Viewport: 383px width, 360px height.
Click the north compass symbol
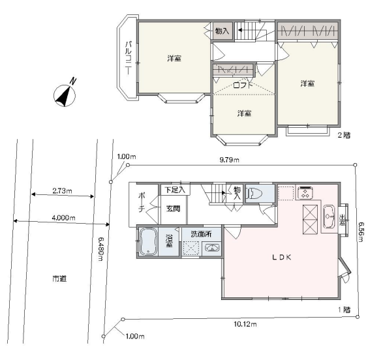pyautogui.click(x=65, y=95)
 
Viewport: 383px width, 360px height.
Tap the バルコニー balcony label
pyautogui.click(x=129, y=58)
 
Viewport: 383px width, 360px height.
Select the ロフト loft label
pyautogui.click(x=243, y=85)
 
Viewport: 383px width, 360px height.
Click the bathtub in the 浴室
pyautogui.click(x=148, y=241)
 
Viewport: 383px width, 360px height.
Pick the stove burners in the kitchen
pyautogui.click(x=305, y=192)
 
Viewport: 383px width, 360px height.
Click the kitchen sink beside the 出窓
pyautogui.click(x=329, y=217)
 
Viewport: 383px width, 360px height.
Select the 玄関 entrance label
pyautogui.click(x=173, y=209)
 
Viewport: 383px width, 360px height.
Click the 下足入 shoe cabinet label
pyautogui.click(x=175, y=190)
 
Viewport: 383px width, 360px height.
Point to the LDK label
pyautogui.click(x=281, y=257)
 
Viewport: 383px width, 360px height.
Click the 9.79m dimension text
pyautogui.click(x=229, y=160)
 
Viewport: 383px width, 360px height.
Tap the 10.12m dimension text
pyautogui.click(x=245, y=324)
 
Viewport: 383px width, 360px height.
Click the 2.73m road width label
pyautogui.click(x=62, y=190)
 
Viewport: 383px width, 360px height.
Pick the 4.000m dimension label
pyautogui.click(x=63, y=217)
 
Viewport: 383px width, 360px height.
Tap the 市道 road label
pyautogui.click(x=59, y=278)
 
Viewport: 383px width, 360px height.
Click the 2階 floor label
pyautogui.click(x=344, y=135)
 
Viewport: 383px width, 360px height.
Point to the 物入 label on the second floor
pyautogui.click(x=222, y=31)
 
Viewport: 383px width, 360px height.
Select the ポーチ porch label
pyautogui.click(x=142, y=202)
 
